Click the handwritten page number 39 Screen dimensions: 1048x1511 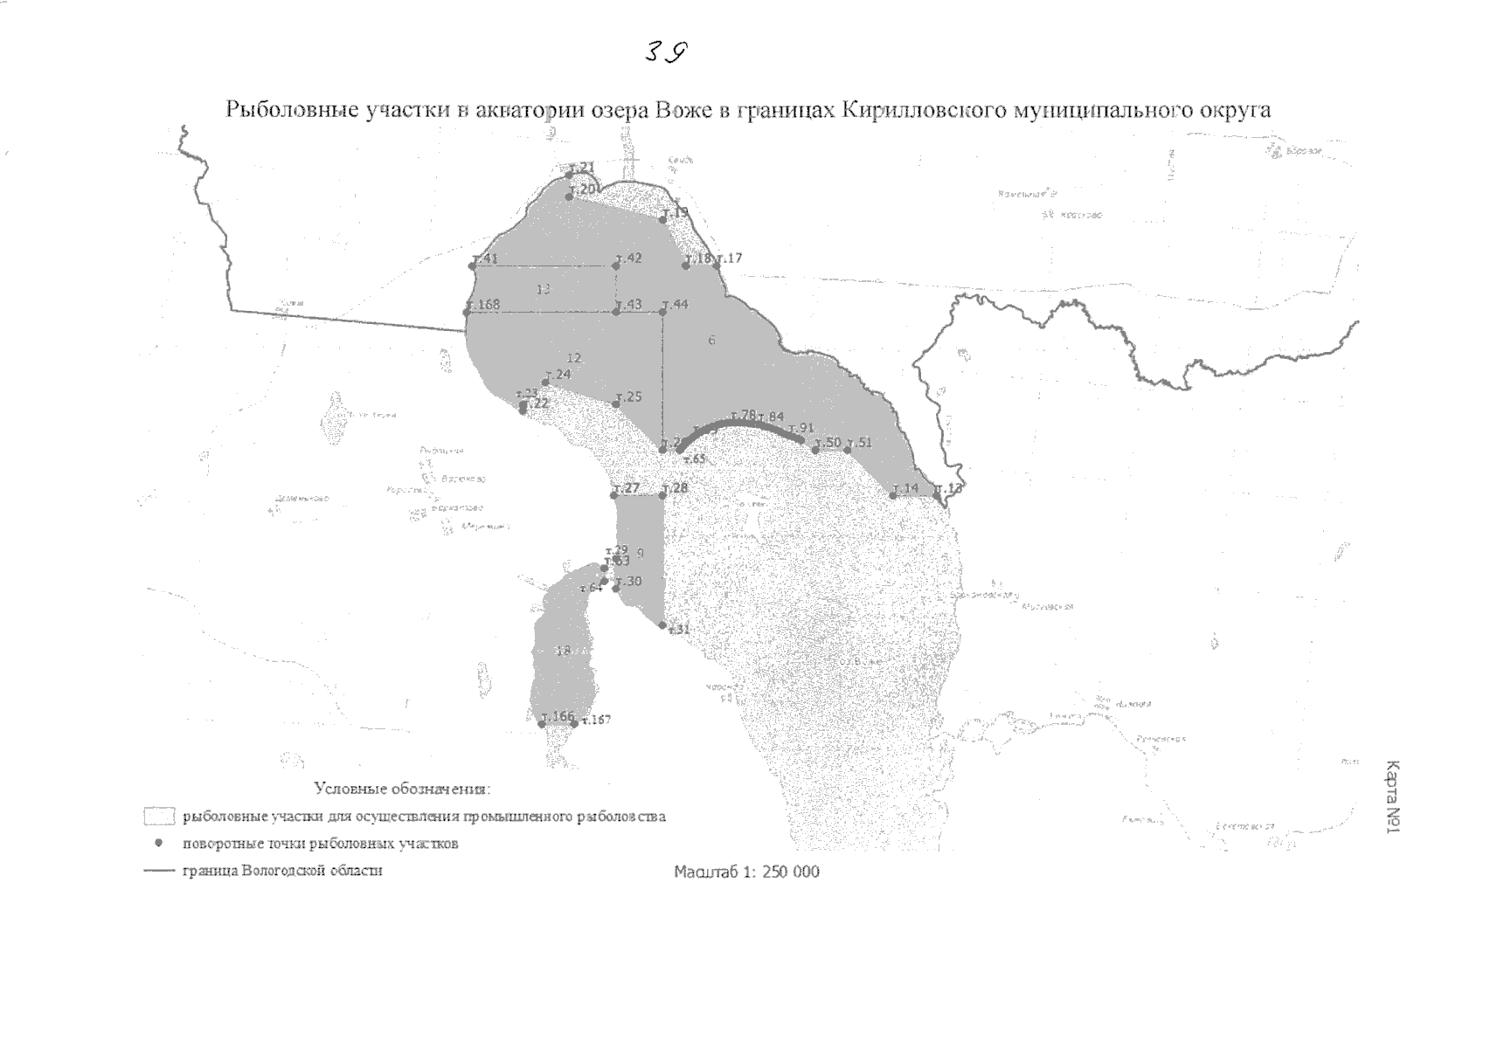pyautogui.click(x=666, y=52)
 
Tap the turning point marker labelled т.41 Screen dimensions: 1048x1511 pyautogui.click(x=473, y=265)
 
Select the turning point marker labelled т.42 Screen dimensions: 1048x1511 pyautogui.click(x=617, y=265)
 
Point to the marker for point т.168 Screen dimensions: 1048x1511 pyautogui.click(x=467, y=312)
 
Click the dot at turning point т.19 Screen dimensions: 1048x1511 pyautogui.click(x=663, y=219)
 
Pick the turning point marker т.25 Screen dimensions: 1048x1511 pyautogui.click(x=616, y=403)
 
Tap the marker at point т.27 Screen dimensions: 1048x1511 pyautogui.click(x=615, y=495)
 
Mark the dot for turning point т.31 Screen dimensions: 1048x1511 pyautogui.click(x=662, y=625)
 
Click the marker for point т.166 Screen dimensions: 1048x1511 pyautogui.click(x=543, y=723)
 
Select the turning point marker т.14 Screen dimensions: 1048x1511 pyautogui.click(x=893, y=495)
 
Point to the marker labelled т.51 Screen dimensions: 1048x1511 pyautogui.click(x=847, y=450)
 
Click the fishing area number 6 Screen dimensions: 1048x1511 pyautogui.click(x=711, y=340)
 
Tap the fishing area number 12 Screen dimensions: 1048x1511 pyautogui.click(x=574, y=358)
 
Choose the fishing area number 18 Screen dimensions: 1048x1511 pyautogui.click(x=563, y=651)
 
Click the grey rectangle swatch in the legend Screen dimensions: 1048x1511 pyautogui.click(x=160, y=817)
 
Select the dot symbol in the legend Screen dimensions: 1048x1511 pyautogui.click(x=160, y=844)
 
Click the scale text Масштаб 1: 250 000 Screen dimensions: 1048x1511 pyautogui.click(x=747, y=872)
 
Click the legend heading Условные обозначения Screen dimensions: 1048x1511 pyautogui.click(x=403, y=789)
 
